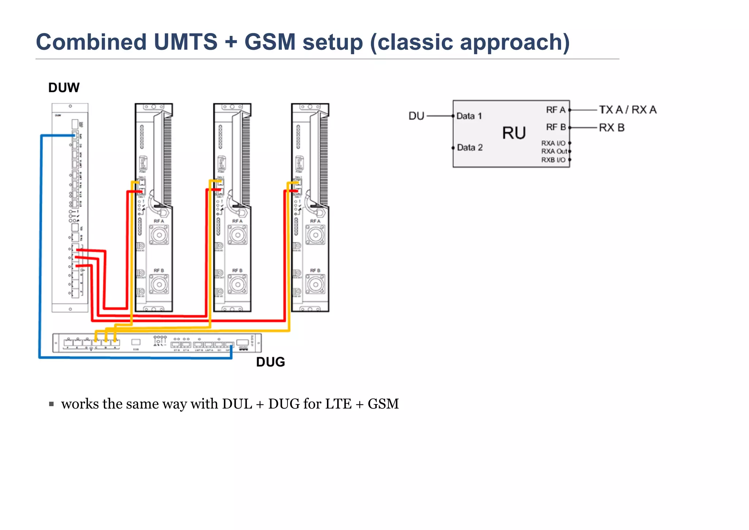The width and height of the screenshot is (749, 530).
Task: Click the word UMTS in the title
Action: pyautogui.click(x=185, y=42)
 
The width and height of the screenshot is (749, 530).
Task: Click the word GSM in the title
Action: pyautogui.click(x=270, y=42)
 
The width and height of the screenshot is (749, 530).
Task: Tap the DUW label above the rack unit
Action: pyautogui.click(x=64, y=88)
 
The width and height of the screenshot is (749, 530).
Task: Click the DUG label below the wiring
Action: pyautogui.click(x=270, y=362)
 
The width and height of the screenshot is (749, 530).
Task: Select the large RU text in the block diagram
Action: pyautogui.click(x=514, y=133)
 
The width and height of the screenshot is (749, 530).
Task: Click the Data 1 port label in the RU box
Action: pyautogui.click(x=469, y=116)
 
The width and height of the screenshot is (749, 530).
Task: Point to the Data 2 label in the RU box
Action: pyautogui.click(x=470, y=148)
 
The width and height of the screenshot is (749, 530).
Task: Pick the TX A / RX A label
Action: pyautogui.click(x=628, y=109)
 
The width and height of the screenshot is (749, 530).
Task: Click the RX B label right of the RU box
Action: pyautogui.click(x=611, y=127)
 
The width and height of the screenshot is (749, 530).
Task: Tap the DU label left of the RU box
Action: pyautogui.click(x=416, y=116)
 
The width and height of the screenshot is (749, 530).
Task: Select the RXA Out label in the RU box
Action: pyautogui.click(x=554, y=151)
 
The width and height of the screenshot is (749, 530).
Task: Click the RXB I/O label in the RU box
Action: pyautogui.click(x=553, y=160)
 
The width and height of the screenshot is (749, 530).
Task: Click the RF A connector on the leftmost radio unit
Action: pyautogui.click(x=159, y=235)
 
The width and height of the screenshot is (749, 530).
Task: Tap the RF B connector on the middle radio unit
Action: pyautogui.click(x=238, y=284)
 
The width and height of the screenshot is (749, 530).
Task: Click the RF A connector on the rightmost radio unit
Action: pyautogui.click(x=315, y=235)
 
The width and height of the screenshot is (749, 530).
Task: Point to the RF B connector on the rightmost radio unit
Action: pyautogui.click(x=315, y=284)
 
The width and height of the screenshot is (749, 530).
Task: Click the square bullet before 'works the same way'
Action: pyautogui.click(x=52, y=404)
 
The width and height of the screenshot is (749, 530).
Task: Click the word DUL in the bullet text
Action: pyautogui.click(x=237, y=404)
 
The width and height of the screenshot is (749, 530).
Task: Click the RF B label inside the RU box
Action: pyautogui.click(x=556, y=127)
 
